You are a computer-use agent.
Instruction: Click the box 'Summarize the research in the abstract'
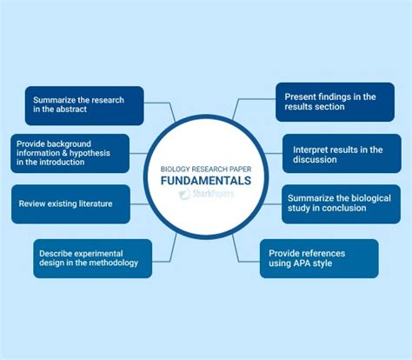82,103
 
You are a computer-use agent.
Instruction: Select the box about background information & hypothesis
70,153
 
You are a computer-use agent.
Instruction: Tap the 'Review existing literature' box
70,204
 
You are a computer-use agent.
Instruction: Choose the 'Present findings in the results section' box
335,103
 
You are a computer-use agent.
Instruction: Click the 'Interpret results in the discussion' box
342,155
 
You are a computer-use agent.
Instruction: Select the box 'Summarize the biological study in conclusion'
342,204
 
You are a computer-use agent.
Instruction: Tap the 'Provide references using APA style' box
319,258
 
